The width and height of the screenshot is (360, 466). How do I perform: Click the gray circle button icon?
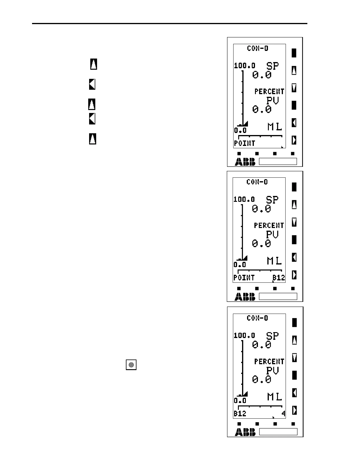coord(131,365)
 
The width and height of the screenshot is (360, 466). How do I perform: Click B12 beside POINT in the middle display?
coord(279,277)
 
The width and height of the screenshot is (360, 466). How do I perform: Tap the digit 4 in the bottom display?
coord(283,414)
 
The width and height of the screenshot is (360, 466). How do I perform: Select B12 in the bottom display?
coord(240,414)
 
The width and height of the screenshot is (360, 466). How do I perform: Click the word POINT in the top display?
coord(244,144)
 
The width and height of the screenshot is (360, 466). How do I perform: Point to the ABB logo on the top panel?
coord(245,162)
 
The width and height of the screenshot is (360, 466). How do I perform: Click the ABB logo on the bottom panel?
coord(245,432)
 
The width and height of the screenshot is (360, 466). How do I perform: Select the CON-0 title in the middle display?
coord(257,182)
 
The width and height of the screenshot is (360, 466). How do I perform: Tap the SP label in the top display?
coord(272,66)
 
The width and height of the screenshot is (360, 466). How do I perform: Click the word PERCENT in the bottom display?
coord(269,361)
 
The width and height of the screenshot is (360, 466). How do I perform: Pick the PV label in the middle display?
coord(272,234)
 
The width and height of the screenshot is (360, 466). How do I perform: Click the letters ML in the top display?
coord(275,127)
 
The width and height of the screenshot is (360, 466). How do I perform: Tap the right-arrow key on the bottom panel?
coord(294,410)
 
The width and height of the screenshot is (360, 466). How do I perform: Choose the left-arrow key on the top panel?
coord(294,123)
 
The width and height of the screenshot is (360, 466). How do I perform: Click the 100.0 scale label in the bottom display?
coord(244,336)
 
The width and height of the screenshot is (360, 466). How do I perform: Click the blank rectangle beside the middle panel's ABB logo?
coord(278,296)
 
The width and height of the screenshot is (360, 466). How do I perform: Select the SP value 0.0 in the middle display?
coord(261,209)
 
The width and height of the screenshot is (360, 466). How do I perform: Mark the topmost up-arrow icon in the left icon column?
coord(94,64)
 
